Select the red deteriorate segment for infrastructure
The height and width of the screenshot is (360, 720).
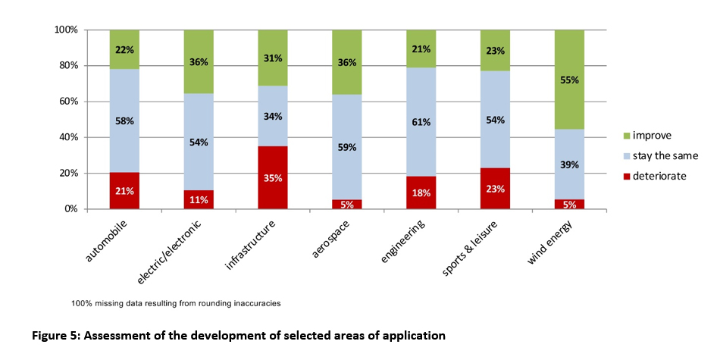273,178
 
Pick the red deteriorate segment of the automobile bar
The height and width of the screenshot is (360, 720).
125,190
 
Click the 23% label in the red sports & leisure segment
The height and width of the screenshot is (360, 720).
495,191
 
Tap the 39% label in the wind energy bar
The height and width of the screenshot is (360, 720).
569,164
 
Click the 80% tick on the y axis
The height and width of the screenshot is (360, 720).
68,66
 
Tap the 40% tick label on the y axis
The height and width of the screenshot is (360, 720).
68,137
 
